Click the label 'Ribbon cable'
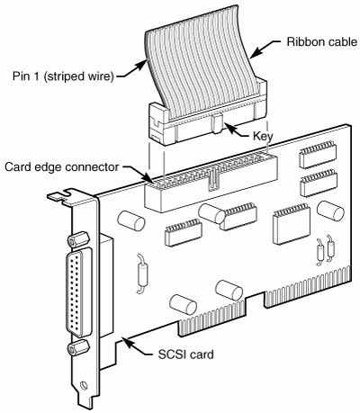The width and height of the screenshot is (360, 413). point(322,41)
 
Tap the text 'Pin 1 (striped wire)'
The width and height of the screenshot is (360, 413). point(63,76)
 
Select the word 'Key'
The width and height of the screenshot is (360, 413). point(263,137)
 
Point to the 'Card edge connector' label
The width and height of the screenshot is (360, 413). point(62,167)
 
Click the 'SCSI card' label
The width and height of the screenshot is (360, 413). point(186,355)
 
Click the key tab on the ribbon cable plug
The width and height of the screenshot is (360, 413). point(217,123)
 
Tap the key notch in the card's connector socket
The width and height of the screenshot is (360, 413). point(213,180)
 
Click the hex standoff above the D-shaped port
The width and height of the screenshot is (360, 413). point(78,239)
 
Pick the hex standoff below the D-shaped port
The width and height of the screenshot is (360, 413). point(78,347)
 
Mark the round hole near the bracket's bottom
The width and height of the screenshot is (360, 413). point(84,384)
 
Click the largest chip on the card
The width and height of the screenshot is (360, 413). point(292,223)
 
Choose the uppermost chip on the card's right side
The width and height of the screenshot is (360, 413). point(318,154)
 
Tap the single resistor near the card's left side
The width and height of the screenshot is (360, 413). point(142,273)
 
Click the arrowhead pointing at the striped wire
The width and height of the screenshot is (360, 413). point(143,64)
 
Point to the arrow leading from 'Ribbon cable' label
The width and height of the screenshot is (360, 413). point(265,48)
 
